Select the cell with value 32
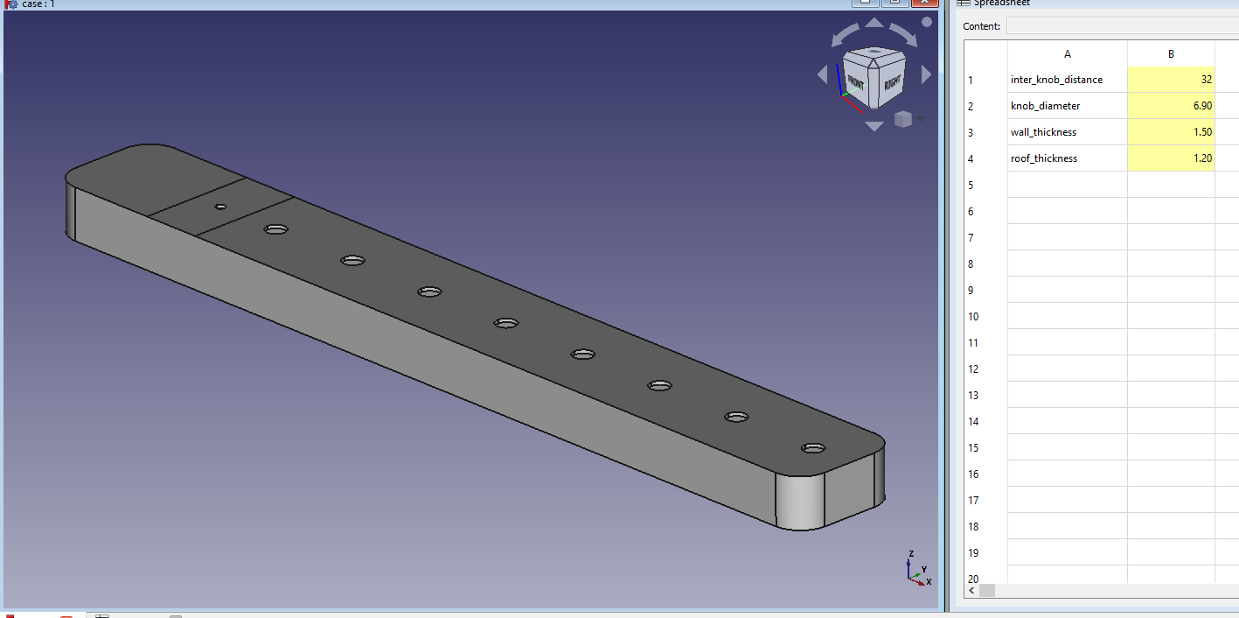pyautogui.click(x=1171, y=80)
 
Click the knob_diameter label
pyautogui.click(x=1045, y=106)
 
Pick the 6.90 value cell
pyautogui.click(x=1171, y=106)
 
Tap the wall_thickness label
pyautogui.click(x=1043, y=132)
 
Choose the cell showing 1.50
pyautogui.click(x=1171, y=132)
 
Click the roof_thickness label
pyautogui.click(x=1044, y=158)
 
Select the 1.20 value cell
pyautogui.click(x=1171, y=158)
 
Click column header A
pyautogui.click(x=1067, y=53)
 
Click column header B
pyautogui.click(x=1171, y=53)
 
